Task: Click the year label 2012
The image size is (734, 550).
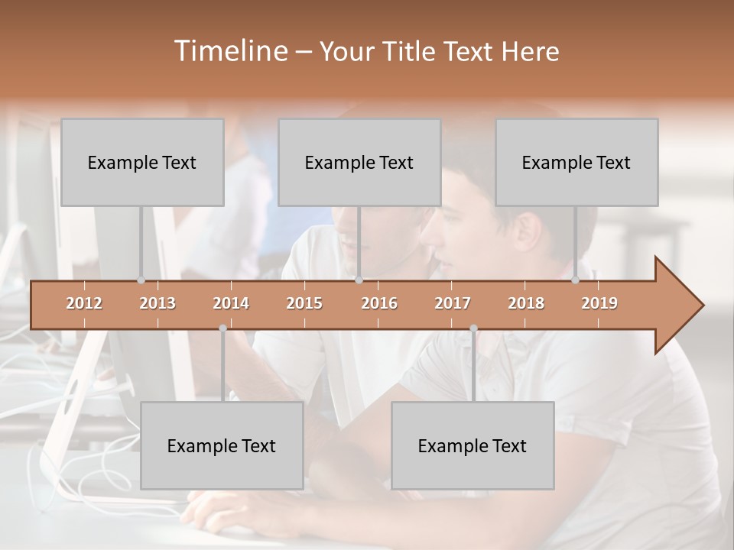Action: tap(84, 303)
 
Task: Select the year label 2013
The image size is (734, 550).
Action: tap(158, 303)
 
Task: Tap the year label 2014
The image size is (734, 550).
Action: tap(231, 303)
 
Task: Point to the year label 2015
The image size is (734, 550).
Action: tap(304, 303)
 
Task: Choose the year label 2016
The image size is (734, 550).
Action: tap(379, 303)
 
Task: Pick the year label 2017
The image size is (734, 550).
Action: tap(453, 303)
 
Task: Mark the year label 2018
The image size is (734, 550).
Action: tap(526, 303)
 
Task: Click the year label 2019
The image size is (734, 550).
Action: tap(599, 303)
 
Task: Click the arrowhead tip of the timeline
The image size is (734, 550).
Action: tap(702, 306)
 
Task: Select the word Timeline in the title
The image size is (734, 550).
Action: tap(229, 51)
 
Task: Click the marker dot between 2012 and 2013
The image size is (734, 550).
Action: tap(141, 280)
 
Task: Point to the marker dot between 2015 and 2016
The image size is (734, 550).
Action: tap(359, 280)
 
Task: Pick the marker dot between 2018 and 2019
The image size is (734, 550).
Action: tap(575, 280)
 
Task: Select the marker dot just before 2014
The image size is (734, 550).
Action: tap(222, 328)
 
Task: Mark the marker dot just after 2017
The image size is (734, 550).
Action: tap(473, 328)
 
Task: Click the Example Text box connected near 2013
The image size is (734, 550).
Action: tap(142, 162)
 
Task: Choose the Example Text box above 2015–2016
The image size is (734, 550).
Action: tap(359, 162)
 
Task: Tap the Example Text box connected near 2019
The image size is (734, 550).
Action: tap(576, 162)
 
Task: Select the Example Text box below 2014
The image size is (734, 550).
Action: tap(222, 445)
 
